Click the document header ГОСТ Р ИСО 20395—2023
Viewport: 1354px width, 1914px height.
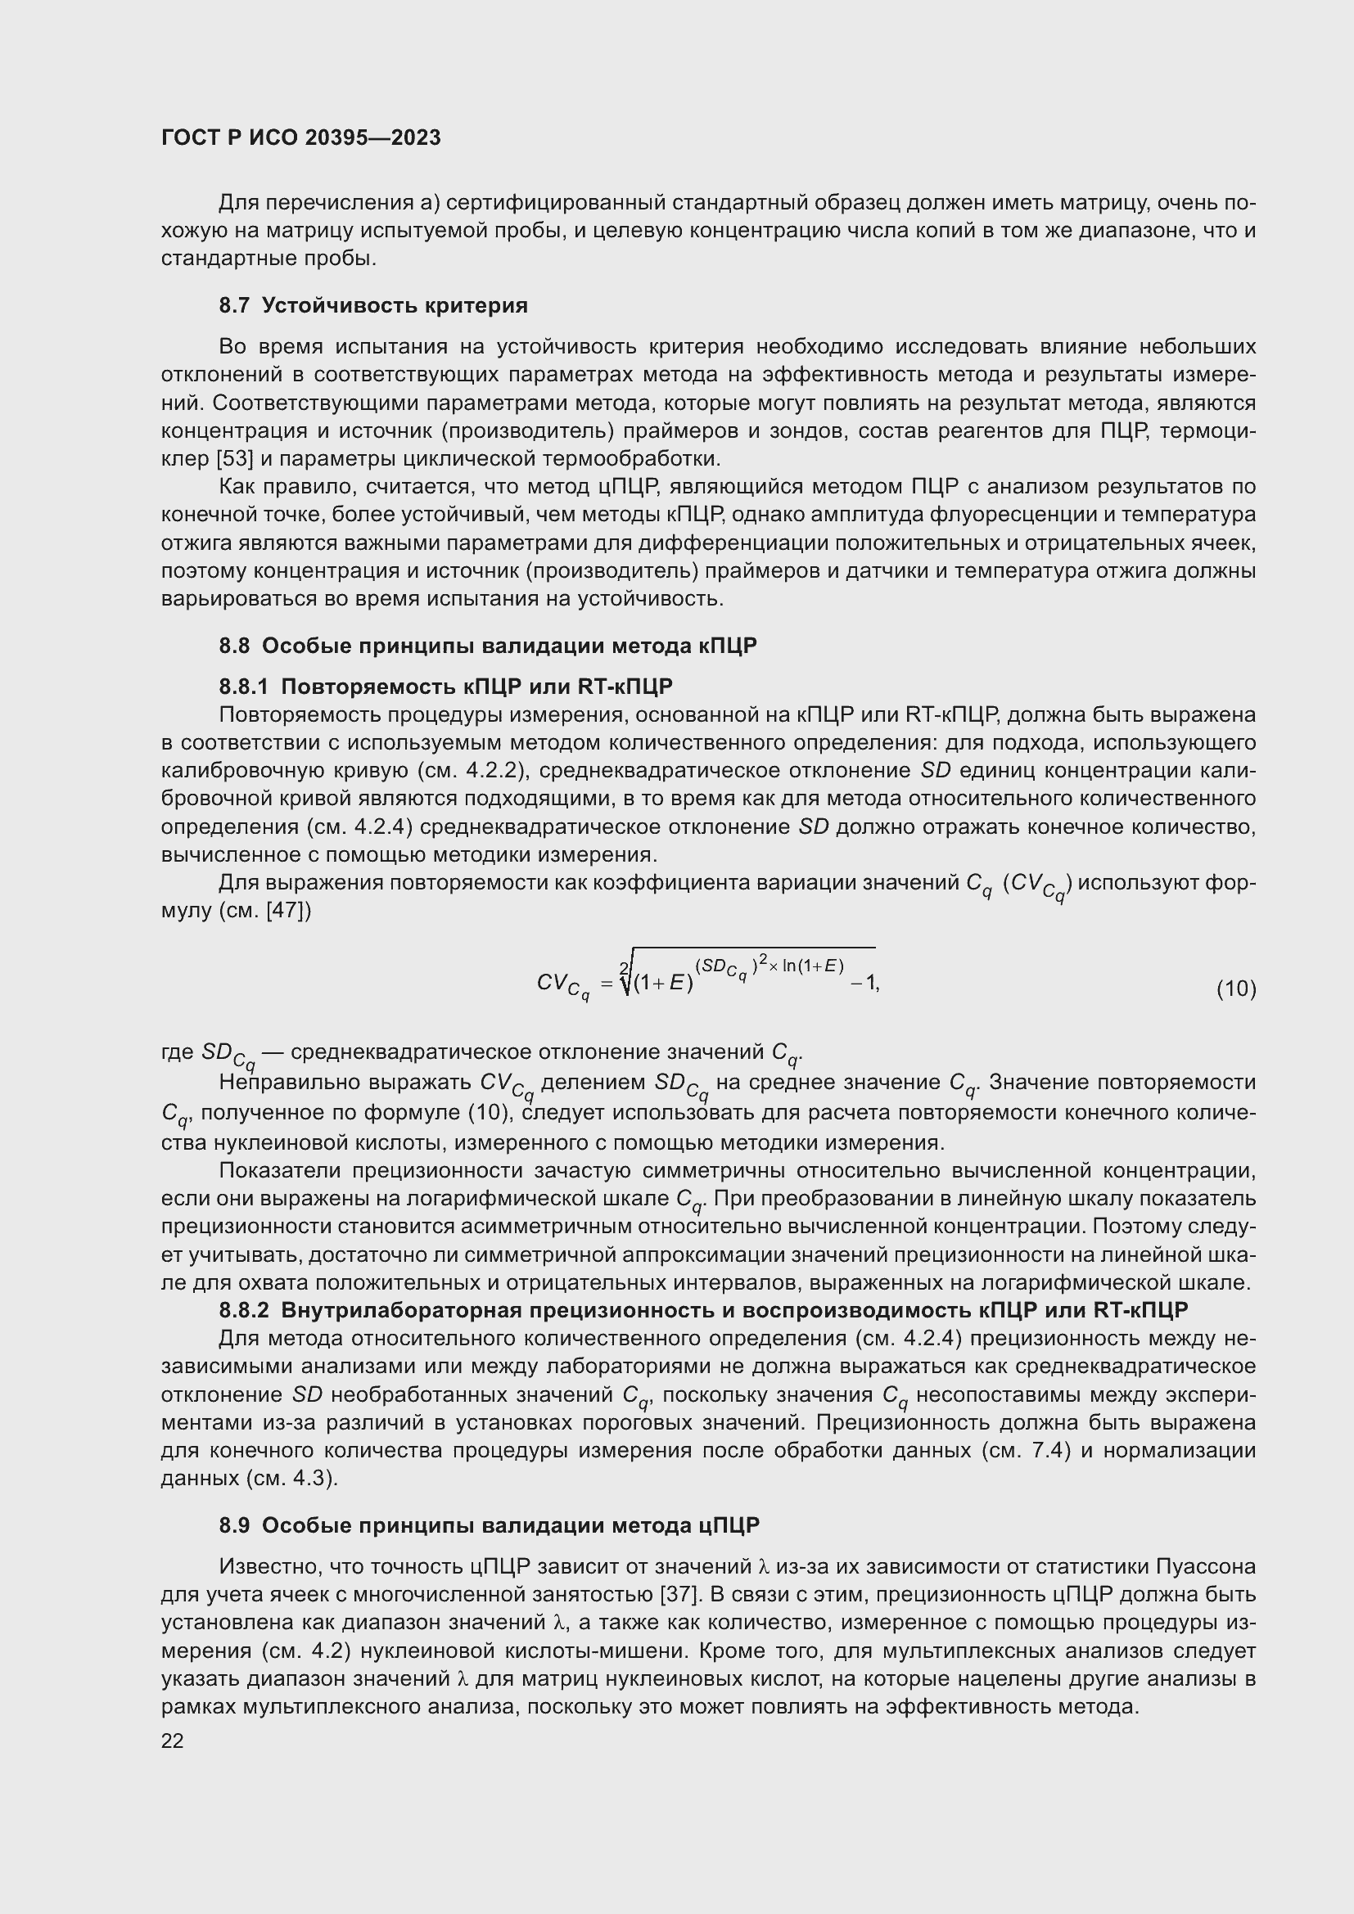click(301, 138)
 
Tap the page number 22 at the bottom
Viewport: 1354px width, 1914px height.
click(173, 1741)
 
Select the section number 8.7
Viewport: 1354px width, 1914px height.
click(234, 306)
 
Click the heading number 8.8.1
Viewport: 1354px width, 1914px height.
click(243, 687)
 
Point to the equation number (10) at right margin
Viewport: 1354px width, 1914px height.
click(1235, 989)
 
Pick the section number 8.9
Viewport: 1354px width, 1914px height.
click(234, 1525)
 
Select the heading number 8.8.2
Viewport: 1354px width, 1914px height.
click(243, 1310)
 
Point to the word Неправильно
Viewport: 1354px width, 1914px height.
click(282, 1082)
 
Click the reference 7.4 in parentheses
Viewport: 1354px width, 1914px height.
click(1050, 1451)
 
